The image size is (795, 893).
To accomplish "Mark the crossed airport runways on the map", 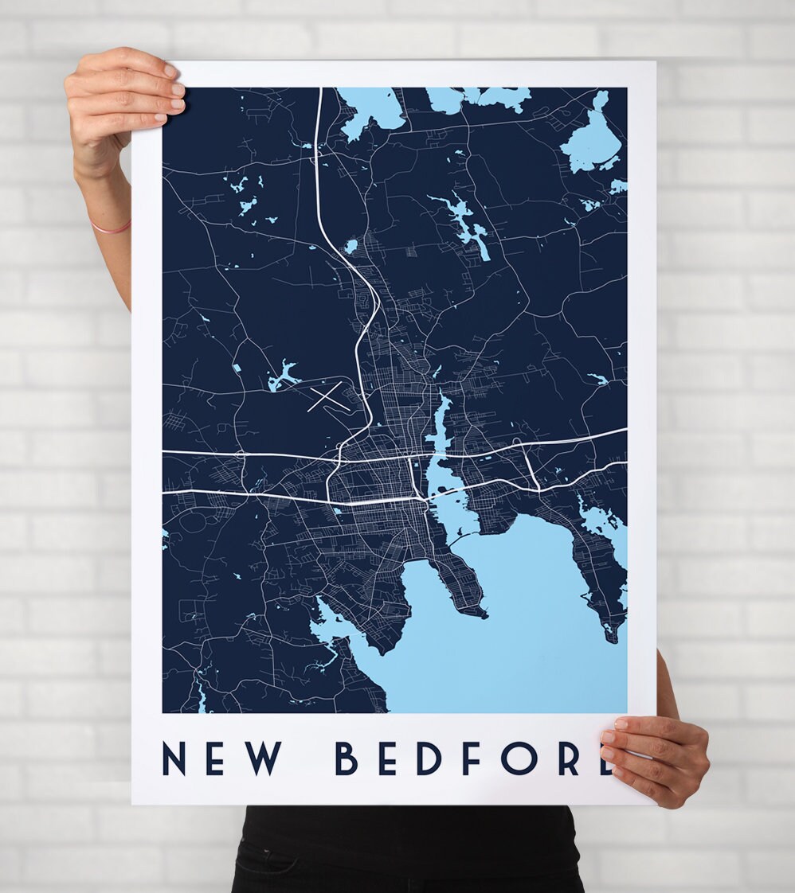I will pyautogui.click(x=327, y=396).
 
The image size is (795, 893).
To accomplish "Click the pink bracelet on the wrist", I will pyautogui.click(x=111, y=228).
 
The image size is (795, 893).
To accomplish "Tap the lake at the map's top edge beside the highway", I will pyautogui.click(x=370, y=107).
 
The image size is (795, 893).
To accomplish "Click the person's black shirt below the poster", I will pyautogui.click(x=406, y=848).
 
